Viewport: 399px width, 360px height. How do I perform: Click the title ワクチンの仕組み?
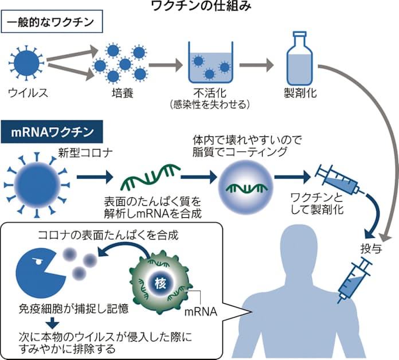(x=199, y=7)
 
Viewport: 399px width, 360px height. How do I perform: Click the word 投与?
(x=367, y=251)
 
